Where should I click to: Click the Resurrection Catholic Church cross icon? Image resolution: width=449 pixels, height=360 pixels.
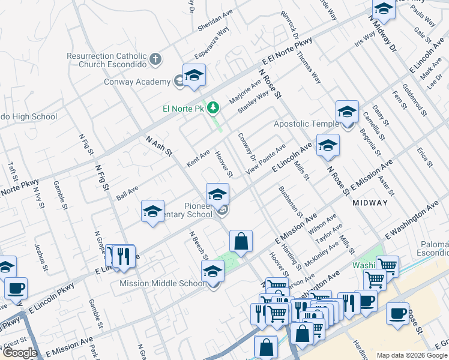tap(155, 59)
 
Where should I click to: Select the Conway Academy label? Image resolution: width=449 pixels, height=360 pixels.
tap(137, 82)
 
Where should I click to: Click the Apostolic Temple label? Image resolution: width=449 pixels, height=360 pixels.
tap(306, 124)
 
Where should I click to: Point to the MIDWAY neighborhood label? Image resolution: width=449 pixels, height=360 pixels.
tap(370, 203)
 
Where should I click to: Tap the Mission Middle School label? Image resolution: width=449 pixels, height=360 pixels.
tap(162, 283)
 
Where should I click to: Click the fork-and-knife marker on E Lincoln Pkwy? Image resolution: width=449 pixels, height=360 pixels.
tap(124, 256)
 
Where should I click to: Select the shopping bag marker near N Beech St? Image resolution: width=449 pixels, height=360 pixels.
tap(241, 241)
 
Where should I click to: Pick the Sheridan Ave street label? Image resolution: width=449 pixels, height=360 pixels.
tap(215, 20)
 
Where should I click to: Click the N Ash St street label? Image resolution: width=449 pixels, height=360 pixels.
tap(158, 148)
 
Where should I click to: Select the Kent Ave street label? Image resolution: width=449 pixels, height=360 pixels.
tap(198, 158)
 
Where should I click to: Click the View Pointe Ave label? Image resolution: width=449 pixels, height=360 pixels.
tap(268, 159)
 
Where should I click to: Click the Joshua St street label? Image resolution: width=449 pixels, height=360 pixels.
tap(40, 256)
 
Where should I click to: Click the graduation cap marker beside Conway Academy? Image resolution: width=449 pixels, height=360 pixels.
tap(194, 76)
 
